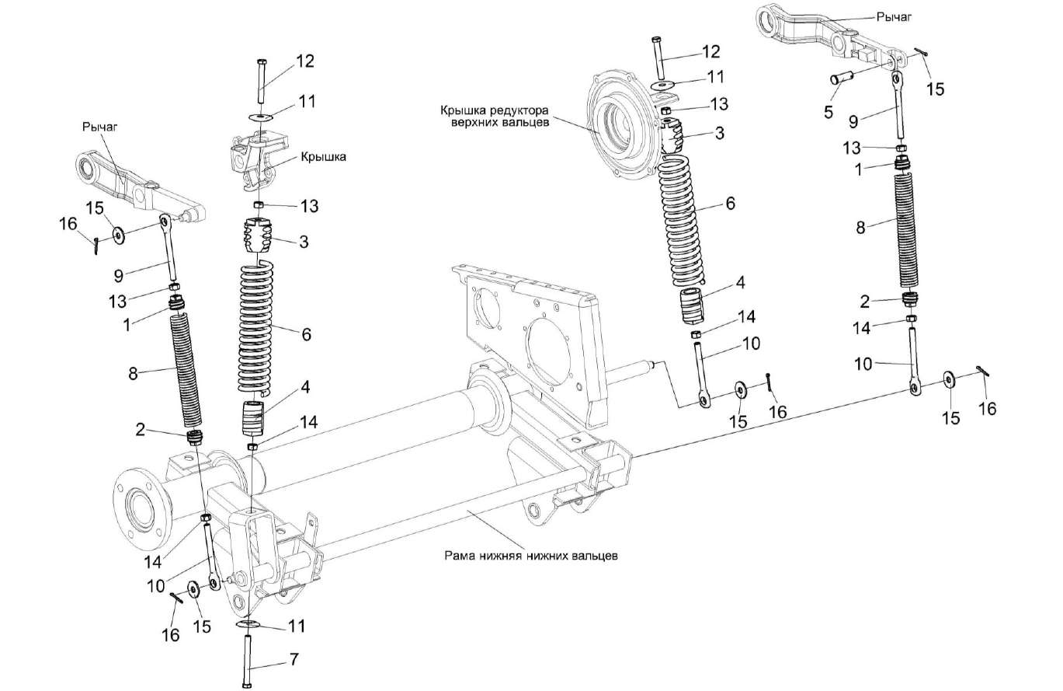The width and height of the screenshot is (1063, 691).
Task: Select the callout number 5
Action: [x=829, y=112]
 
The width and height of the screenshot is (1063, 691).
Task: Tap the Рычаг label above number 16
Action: [x=99, y=124]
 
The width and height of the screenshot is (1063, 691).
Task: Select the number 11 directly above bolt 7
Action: [x=295, y=625]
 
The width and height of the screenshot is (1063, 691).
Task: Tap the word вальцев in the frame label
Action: [x=591, y=556]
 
